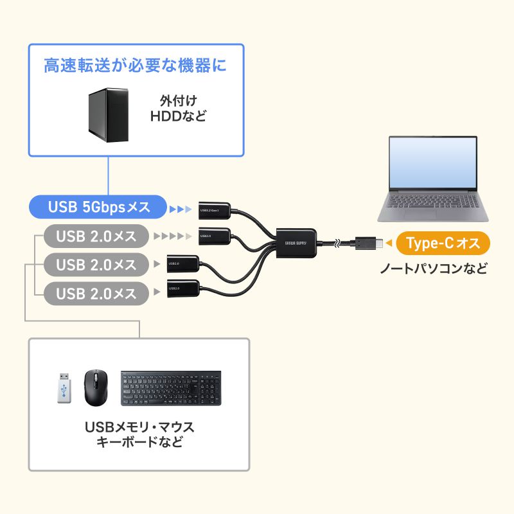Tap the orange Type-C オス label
point(443,243)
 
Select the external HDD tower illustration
point(109,116)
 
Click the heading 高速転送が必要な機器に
point(136,65)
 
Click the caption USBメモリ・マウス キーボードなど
point(139,434)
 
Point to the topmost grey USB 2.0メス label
point(96,236)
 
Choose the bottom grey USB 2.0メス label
point(96,294)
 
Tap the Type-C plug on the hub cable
point(369,243)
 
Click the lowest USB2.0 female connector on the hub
point(182,288)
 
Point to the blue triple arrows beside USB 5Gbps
point(181,208)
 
